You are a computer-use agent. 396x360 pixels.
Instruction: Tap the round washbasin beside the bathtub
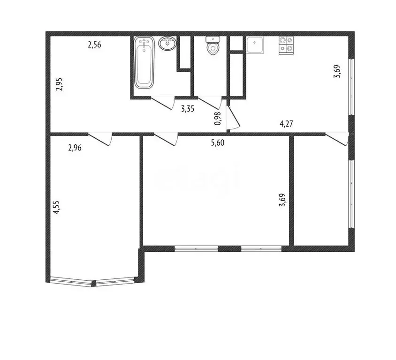point(168,44)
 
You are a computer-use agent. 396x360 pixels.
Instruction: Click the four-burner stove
point(287,45)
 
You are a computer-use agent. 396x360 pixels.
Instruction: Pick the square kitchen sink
point(256,45)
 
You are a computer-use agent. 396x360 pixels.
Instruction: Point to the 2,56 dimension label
point(94,45)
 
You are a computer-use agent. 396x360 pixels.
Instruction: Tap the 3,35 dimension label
point(188,109)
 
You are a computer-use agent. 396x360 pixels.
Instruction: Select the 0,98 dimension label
point(218,119)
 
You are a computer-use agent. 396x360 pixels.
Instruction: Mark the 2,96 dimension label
point(75,149)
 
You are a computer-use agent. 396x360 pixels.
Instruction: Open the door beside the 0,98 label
point(233,117)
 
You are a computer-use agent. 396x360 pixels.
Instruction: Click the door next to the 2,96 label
point(100,139)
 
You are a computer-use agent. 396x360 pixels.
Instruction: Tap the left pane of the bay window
point(72,282)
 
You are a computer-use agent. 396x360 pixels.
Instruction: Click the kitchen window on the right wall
point(350,87)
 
